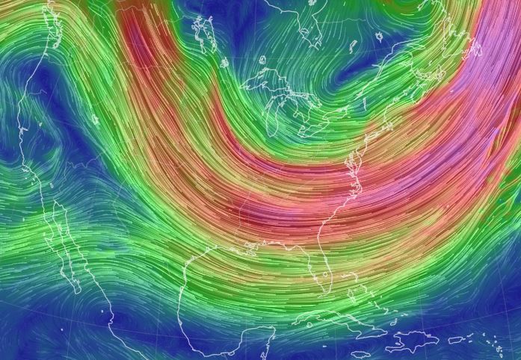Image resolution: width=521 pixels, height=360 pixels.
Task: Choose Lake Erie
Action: click(306, 127)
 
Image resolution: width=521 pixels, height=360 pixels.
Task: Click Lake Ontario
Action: click(330, 112)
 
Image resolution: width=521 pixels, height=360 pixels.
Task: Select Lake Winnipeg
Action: click(202, 30)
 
